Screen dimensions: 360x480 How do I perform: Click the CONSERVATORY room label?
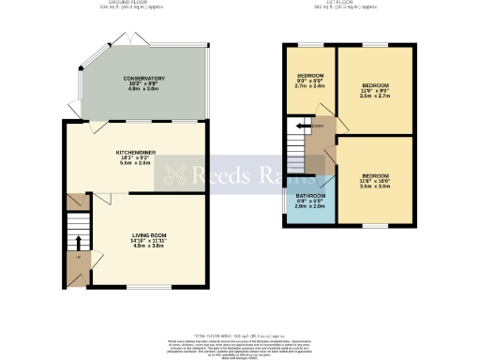pyautogui.click(x=143, y=79)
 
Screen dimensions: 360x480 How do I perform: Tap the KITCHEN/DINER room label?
pyautogui.click(x=134, y=151)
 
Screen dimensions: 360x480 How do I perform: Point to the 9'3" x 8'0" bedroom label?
pyautogui.click(x=310, y=76)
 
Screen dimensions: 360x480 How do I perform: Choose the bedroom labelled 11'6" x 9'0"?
pyautogui.click(x=374, y=85)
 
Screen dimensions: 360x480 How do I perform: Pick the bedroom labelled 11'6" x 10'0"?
pyautogui.click(x=374, y=175)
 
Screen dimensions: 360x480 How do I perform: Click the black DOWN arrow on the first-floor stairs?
pyautogui.click(x=303, y=127)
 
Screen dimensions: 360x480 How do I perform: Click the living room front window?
pyautogui.click(x=142, y=286)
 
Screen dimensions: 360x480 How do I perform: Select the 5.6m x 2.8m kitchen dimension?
pyautogui.click(x=134, y=162)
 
